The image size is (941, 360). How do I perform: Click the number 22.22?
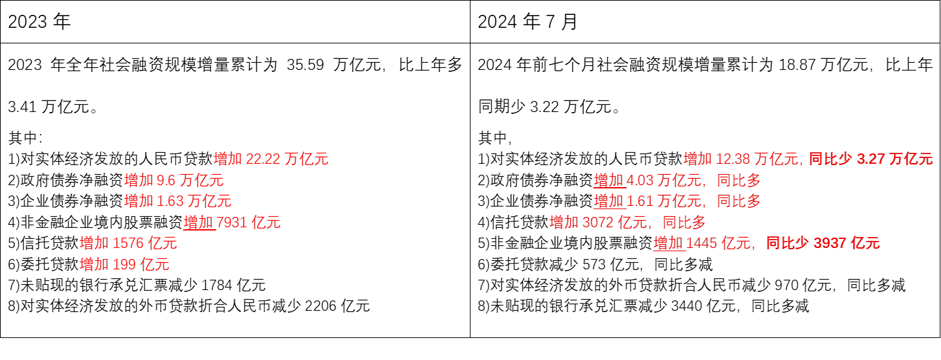click(x=263, y=159)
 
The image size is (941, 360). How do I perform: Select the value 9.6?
click(x=166, y=180)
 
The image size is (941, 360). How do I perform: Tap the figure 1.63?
click(x=171, y=201)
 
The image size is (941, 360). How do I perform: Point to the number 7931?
click(x=232, y=222)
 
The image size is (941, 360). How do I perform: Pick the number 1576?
click(x=128, y=243)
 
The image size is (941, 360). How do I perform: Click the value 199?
click(x=124, y=264)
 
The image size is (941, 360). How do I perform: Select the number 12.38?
click(x=733, y=159)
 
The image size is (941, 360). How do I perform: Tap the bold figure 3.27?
click(x=871, y=159)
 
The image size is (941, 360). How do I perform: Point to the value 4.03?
click(x=640, y=180)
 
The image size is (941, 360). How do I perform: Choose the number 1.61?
click(x=640, y=201)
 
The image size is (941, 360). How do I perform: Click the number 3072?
click(x=599, y=222)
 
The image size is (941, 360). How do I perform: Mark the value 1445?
click(x=702, y=243)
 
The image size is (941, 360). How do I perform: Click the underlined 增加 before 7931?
click(x=199, y=222)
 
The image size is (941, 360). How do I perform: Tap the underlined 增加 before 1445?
click(x=669, y=243)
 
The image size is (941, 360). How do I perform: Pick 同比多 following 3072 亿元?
click(x=685, y=222)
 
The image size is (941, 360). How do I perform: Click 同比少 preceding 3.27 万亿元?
click(x=831, y=159)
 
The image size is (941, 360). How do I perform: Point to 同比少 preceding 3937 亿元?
click(x=788, y=243)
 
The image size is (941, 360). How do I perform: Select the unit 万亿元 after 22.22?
click(x=307, y=159)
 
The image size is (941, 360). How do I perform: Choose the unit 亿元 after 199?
click(x=155, y=264)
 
